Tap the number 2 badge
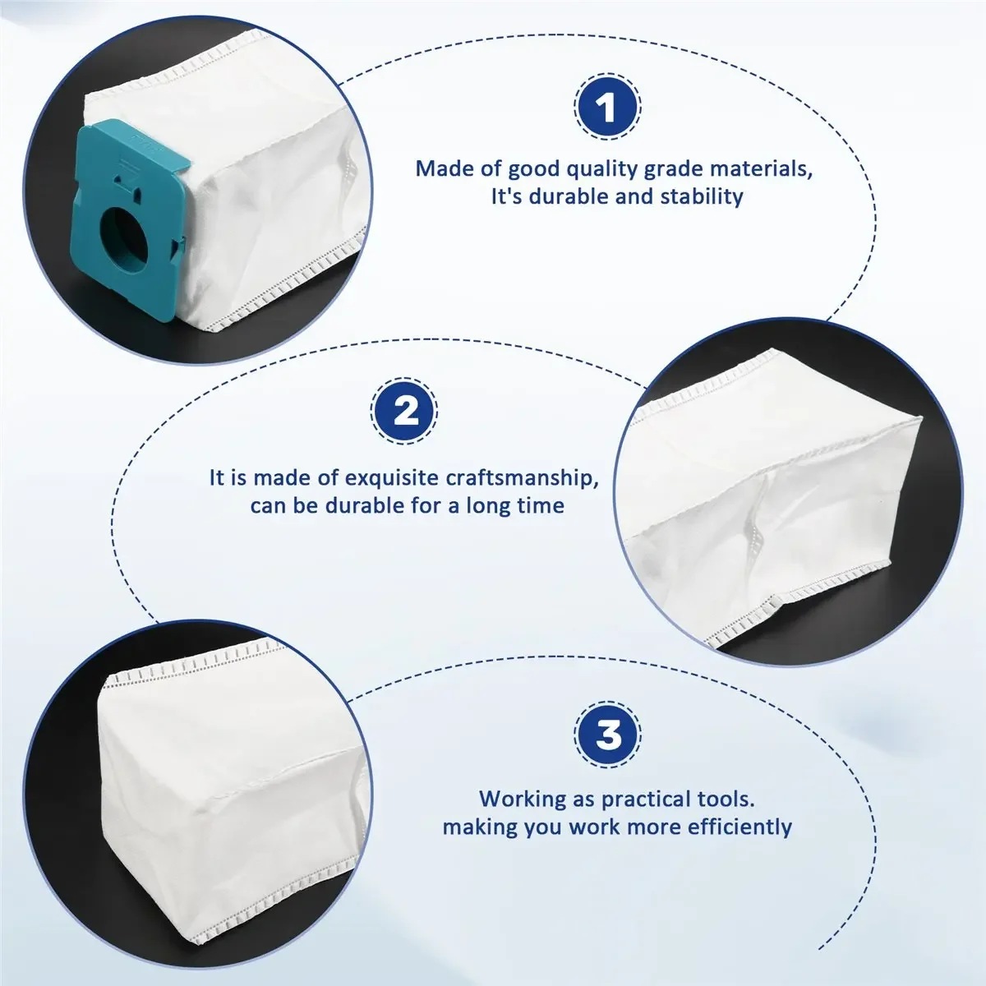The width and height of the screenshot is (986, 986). [403, 411]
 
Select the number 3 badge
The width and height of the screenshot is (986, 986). [607, 735]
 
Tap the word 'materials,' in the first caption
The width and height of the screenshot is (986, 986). [758, 168]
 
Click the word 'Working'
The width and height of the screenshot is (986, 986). [523, 799]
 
